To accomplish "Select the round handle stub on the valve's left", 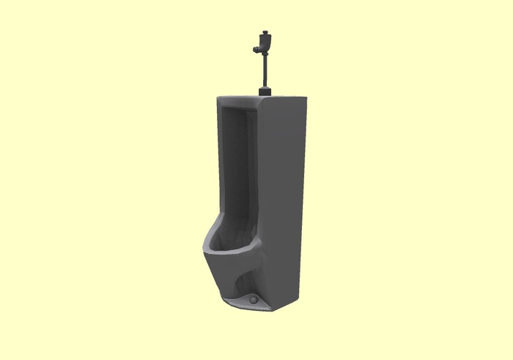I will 256,49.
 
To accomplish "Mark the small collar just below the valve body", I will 265,56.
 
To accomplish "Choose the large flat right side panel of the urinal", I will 282,198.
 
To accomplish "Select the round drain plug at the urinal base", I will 254,300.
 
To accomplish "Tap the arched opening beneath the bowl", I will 242,282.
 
